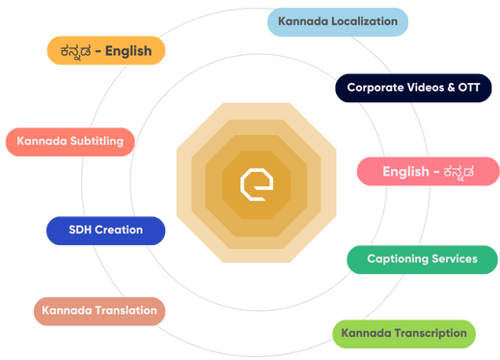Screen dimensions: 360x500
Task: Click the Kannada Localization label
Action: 337,20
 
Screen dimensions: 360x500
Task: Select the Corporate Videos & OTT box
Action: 413,86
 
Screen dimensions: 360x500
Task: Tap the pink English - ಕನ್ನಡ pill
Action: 427,172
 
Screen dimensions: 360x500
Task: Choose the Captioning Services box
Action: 422,259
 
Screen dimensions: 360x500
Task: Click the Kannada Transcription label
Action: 403,333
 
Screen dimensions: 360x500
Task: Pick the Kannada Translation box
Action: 99,312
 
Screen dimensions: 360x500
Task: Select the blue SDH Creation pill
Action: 105,230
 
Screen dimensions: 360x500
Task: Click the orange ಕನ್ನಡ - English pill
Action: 106,51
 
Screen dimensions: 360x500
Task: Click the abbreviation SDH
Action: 81,230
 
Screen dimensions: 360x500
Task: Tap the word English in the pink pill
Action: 405,172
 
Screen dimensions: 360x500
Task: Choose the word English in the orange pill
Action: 128,51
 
